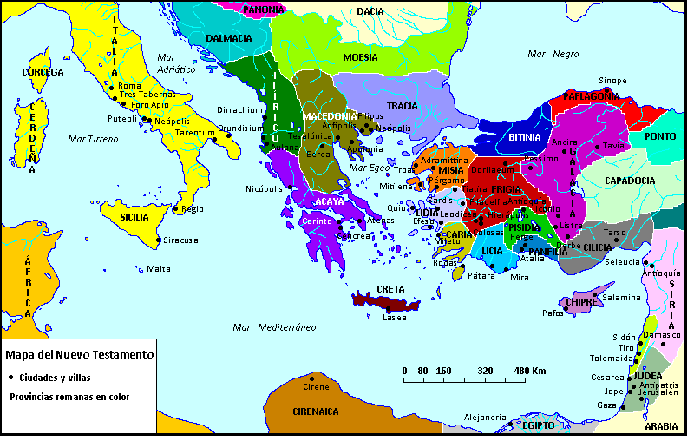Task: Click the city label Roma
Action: (x=129, y=85)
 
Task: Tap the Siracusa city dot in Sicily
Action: (x=157, y=240)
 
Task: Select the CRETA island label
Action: (x=390, y=289)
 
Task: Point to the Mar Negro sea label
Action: (x=553, y=54)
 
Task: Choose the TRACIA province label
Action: (x=403, y=106)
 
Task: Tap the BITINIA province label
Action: (x=525, y=137)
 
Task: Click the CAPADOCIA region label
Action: (x=630, y=181)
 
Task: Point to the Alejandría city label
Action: (x=485, y=418)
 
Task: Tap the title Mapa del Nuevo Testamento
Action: (x=79, y=354)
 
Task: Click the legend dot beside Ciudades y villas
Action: (x=10, y=378)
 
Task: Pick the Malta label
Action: (x=159, y=268)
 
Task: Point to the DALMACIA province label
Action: (x=229, y=38)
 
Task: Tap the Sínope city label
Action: (x=612, y=80)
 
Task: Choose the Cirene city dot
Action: (x=313, y=377)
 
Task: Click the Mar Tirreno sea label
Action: (x=93, y=139)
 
